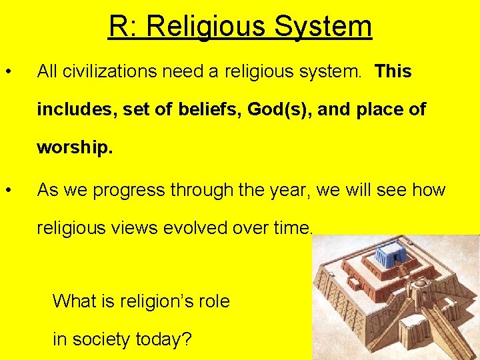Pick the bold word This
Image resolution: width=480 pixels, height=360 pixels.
tap(393, 71)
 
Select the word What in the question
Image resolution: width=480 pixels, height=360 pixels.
tap(74, 301)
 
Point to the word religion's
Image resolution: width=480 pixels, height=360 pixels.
tap(155, 301)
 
